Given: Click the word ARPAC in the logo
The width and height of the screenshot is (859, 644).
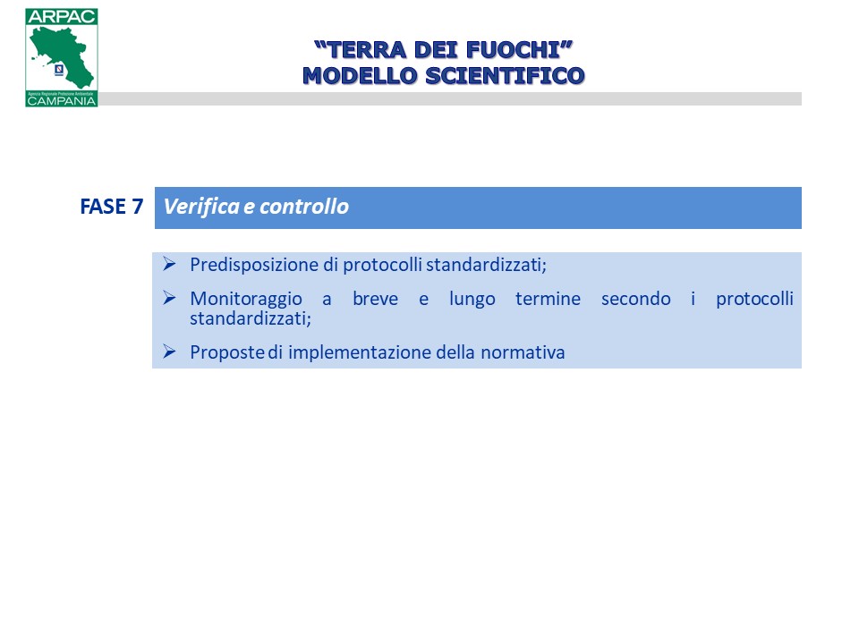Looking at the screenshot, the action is [x=62, y=16].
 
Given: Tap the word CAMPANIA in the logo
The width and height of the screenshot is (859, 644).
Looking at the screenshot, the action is [x=62, y=101].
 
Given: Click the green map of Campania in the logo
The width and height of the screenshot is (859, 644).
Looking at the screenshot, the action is [x=63, y=57].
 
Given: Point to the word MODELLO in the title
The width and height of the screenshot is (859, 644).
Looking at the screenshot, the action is [x=361, y=75].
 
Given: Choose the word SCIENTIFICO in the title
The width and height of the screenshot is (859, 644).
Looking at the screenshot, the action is [x=505, y=75].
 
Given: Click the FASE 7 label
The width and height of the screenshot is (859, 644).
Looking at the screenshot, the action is [x=112, y=207].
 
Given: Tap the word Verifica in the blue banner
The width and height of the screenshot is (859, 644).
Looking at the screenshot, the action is [x=201, y=207].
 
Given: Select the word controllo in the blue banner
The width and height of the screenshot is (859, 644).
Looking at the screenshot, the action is [x=304, y=207].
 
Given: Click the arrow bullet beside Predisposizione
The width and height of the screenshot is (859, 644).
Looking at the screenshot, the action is [x=169, y=264].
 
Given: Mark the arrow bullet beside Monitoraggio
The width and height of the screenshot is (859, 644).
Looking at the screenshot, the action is [x=169, y=298].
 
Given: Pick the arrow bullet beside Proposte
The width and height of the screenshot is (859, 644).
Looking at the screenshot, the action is [x=169, y=352].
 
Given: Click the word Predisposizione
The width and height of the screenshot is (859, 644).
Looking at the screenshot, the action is [x=254, y=265].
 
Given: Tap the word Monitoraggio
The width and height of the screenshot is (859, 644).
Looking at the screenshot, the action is [x=246, y=300].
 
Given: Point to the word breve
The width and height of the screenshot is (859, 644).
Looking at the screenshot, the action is [x=375, y=299].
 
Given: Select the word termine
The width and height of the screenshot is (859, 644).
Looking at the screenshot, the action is [x=548, y=299].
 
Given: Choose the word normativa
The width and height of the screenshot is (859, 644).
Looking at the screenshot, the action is [x=523, y=352].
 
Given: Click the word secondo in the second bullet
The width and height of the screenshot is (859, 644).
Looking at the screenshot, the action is [x=636, y=299].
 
